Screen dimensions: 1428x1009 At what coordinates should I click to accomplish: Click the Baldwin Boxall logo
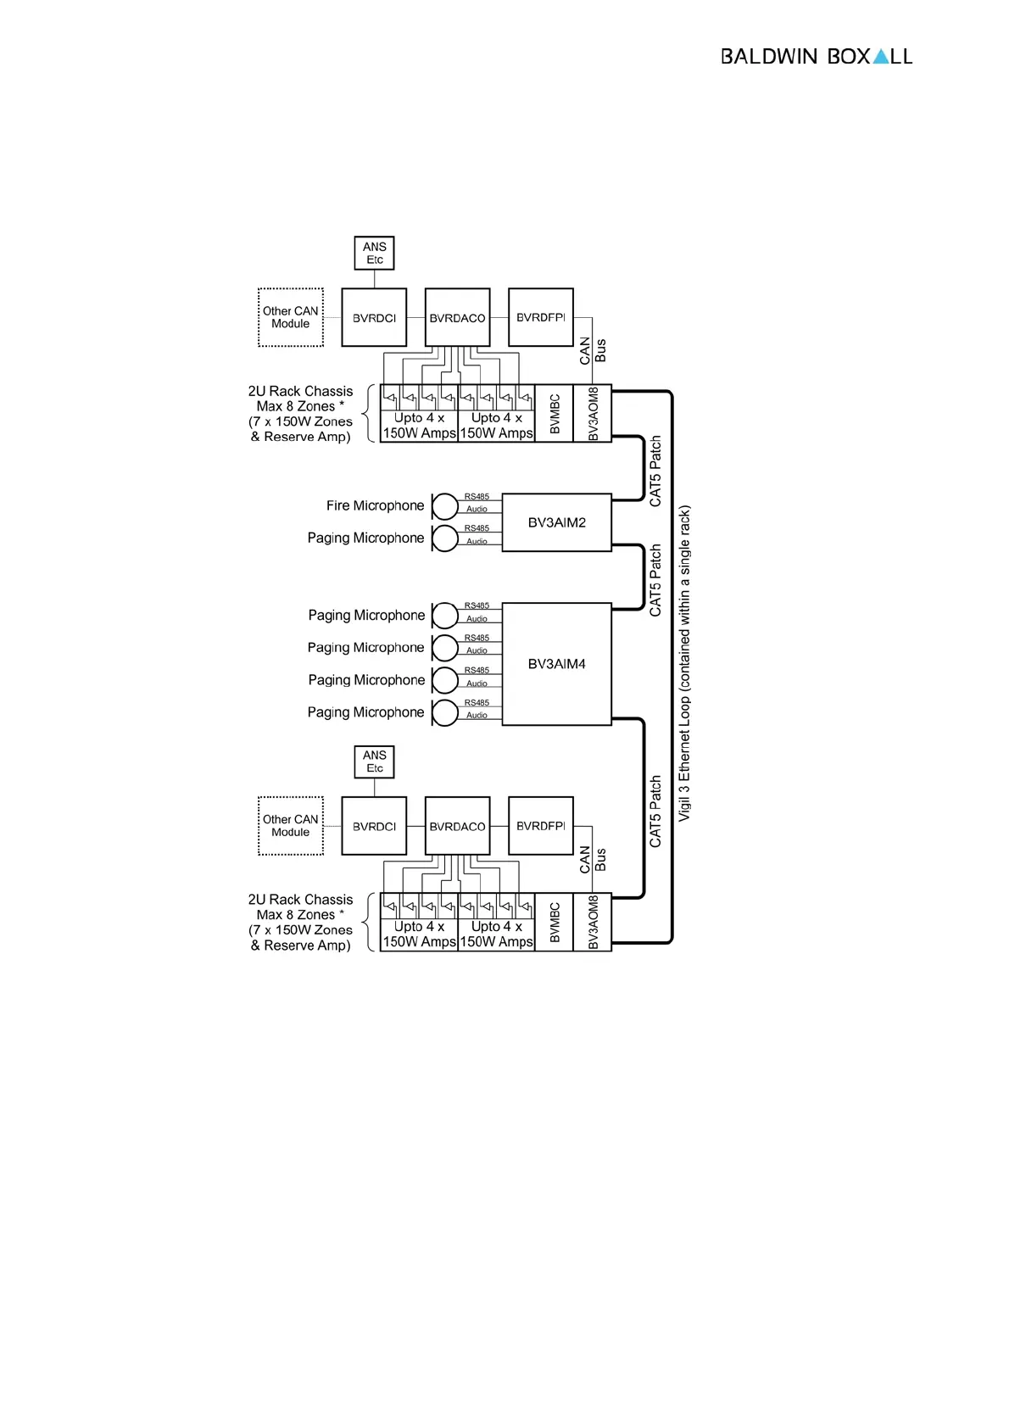[816, 57]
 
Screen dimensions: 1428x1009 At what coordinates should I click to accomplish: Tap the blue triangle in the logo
[881, 57]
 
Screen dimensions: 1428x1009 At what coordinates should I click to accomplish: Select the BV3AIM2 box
[556, 522]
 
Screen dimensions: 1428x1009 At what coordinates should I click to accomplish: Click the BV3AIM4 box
[556, 664]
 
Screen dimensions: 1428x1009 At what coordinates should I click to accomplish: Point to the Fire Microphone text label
[375, 505]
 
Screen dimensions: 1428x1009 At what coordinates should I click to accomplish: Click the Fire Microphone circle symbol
[445, 506]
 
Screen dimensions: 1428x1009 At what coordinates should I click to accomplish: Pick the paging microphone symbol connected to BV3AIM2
[445, 538]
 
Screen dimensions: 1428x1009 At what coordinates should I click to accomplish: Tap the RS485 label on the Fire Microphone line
[477, 497]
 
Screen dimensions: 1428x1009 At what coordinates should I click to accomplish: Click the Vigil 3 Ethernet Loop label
[684, 663]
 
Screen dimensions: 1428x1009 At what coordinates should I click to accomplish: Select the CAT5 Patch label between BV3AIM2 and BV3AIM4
[655, 580]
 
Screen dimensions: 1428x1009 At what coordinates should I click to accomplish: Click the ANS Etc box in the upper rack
[374, 253]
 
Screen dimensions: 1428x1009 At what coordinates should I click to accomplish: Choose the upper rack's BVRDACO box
[457, 318]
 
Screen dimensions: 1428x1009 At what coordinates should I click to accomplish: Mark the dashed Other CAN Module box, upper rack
[291, 317]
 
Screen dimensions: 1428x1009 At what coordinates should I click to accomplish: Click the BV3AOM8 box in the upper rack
[593, 414]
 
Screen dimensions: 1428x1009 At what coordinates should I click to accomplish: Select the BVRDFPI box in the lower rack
[540, 826]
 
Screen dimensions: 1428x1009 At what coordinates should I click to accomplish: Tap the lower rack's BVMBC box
[555, 922]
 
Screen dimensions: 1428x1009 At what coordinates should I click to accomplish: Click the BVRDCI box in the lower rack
[374, 826]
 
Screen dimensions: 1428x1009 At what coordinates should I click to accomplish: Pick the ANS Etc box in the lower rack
[374, 761]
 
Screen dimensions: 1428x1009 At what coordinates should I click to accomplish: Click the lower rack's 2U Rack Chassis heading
[300, 899]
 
